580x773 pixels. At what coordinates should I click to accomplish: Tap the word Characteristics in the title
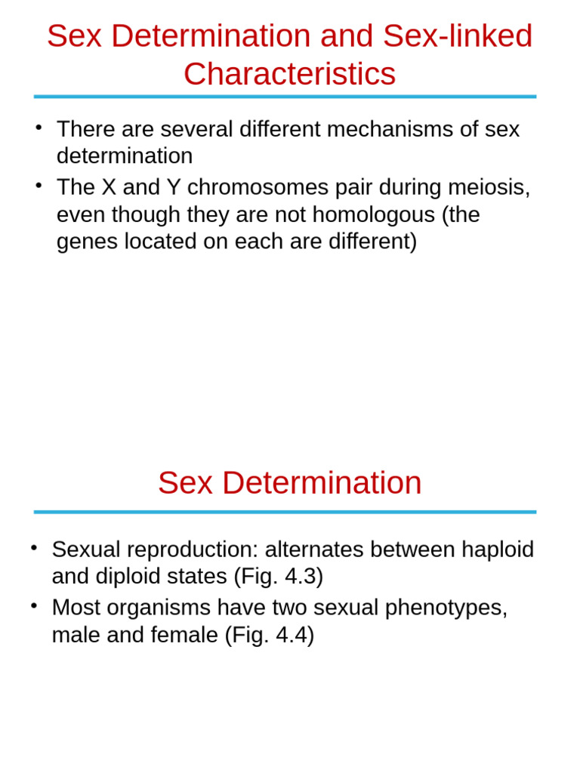[x=289, y=74]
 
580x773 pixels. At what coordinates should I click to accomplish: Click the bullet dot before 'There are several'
[x=38, y=125]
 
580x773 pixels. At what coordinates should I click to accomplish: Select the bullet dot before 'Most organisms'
[x=33, y=604]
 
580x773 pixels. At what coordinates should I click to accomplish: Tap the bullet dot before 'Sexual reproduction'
[x=33, y=546]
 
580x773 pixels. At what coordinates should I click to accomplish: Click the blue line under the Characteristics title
[x=285, y=97]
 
